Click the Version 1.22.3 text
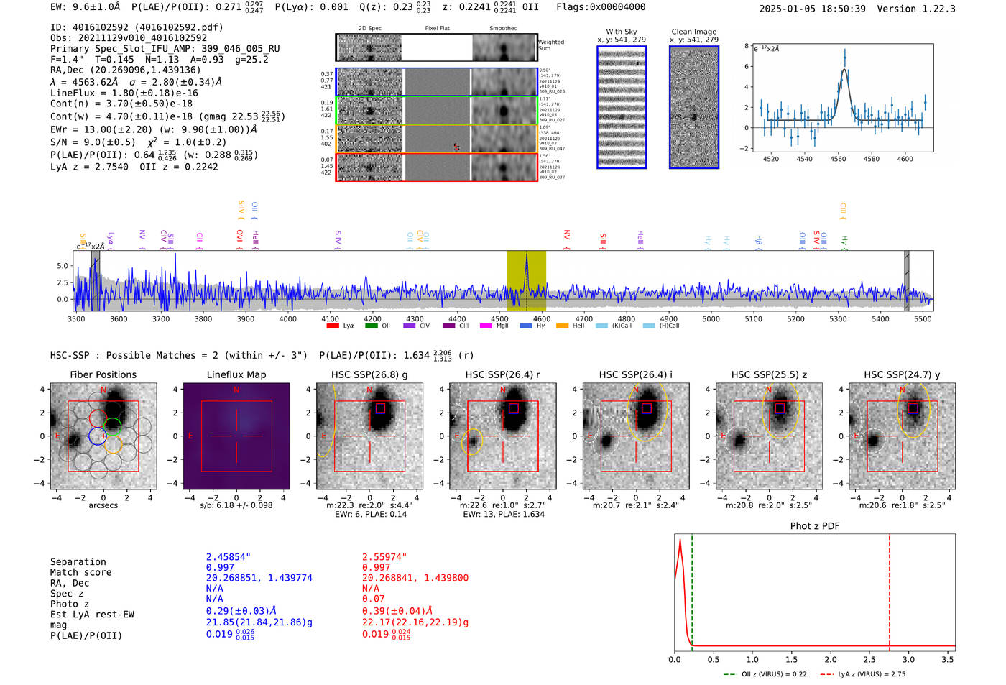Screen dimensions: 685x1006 pyautogui.click(x=923, y=9)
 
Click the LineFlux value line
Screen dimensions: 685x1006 pyautogui.click(x=124, y=93)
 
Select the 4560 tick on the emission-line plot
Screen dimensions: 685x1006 pyautogui.click(x=838, y=159)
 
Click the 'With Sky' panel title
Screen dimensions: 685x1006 pyautogui.click(x=622, y=32)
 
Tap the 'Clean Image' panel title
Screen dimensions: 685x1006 pyautogui.click(x=693, y=32)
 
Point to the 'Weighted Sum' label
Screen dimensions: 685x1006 pyautogui.click(x=551, y=45)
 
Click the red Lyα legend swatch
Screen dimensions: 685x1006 pyautogui.click(x=333, y=326)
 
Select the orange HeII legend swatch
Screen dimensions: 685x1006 pyautogui.click(x=562, y=326)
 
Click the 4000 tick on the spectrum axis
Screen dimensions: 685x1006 pyautogui.click(x=287, y=318)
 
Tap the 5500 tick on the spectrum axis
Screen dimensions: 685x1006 pyautogui.click(x=923, y=318)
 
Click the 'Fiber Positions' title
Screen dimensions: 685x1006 pyautogui.click(x=103, y=374)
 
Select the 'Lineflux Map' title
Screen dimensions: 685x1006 pyautogui.click(x=236, y=374)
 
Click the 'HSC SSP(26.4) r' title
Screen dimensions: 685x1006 pyautogui.click(x=502, y=374)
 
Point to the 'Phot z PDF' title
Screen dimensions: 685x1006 pyautogui.click(x=815, y=526)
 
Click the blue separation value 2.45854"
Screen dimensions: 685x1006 pyautogui.click(x=229, y=557)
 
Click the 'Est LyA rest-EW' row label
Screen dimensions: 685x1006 pyautogui.click(x=92, y=615)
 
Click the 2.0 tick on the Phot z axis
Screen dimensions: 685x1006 pyautogui.click(x=831, y=659)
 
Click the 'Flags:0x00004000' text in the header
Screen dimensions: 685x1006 pyautogui.click(x=601, y=7)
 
